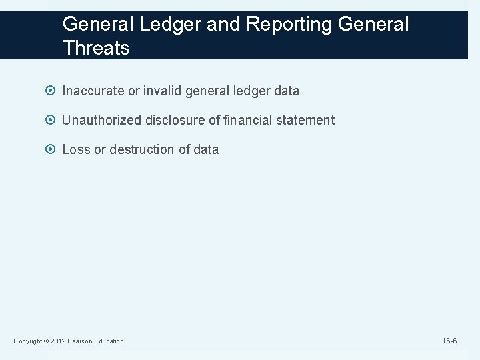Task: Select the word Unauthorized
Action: [x=102, y=120]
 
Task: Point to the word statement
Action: [x=304, y=120]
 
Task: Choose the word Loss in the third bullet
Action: [x=76, y=149]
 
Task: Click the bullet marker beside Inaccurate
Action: [x=53, y=91]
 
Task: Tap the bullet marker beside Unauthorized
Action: [x=53, y=121]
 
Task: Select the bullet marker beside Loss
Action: [x=53, y=150]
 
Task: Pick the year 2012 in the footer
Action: [x=56, y=341]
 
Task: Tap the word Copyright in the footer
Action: [x=27, y=341]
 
